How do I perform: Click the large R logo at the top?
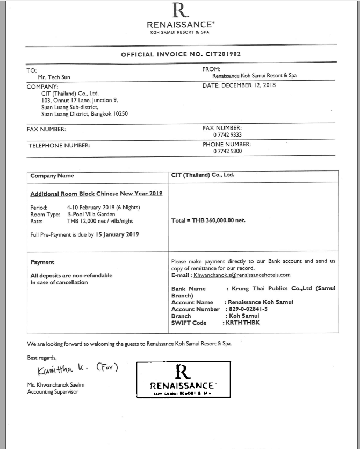coord(179,10)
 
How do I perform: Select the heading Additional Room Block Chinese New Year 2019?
coord(96,193)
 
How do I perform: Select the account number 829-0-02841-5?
coord(247,309)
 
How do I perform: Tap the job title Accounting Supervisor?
coord(53,391)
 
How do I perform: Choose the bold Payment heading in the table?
coord(42,262)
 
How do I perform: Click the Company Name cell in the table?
coord(52,175)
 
